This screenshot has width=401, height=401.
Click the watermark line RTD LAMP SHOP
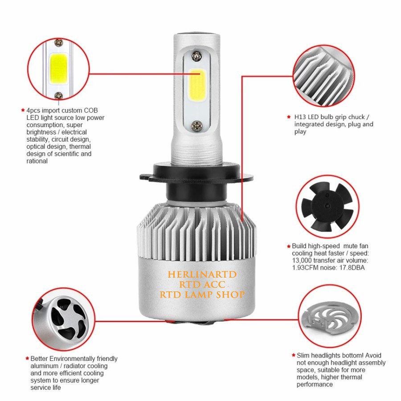pyautogui.click(x=202, y=295)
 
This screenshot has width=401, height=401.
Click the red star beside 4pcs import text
pyautogui.click(x=23, y=110)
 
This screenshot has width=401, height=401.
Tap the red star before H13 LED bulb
pyautogui.click(x=289, y=117)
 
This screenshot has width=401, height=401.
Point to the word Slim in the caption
pyautogui.click(x=304, y=356)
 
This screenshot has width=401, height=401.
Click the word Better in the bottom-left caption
pyautogui.click(x=39, y=359)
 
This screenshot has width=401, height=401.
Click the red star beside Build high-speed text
pyautogui.click(x=289, y=246)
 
